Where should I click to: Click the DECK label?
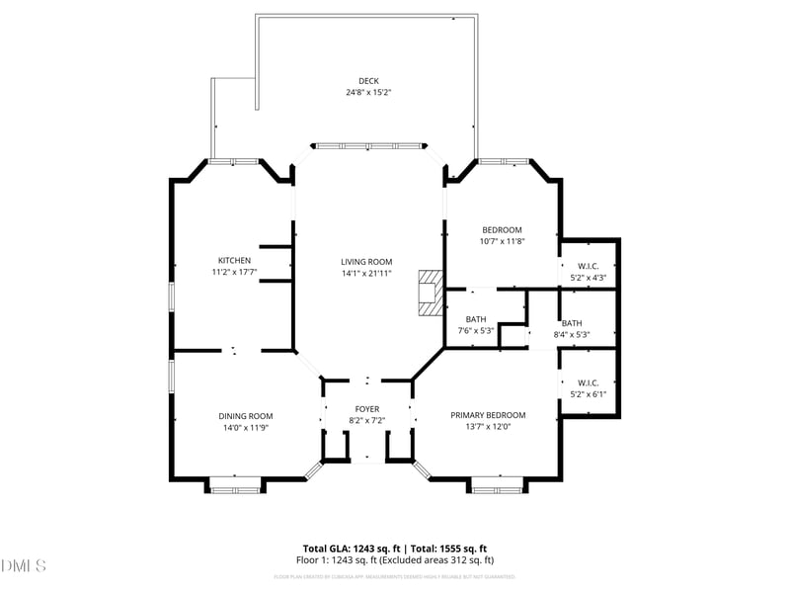click(x=368, y=81)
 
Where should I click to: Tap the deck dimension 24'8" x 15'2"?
click(x=368, y=93)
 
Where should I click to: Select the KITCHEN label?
click(x=234, y=261)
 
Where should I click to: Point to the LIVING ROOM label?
click(x=367, y=262)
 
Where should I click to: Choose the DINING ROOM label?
click(x=246, y=416)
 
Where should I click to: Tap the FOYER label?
click(x=367, y=409)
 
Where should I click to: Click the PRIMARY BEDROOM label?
click(x=488, y=415)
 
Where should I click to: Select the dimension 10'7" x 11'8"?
click(x=502, y=241)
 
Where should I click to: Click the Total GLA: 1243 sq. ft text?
click(x=346, y=549)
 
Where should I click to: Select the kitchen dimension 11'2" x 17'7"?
click(x=234, y=272)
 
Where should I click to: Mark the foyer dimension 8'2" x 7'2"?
click(x=367, y=420)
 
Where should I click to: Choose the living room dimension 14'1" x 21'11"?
click(x=367, y=273)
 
